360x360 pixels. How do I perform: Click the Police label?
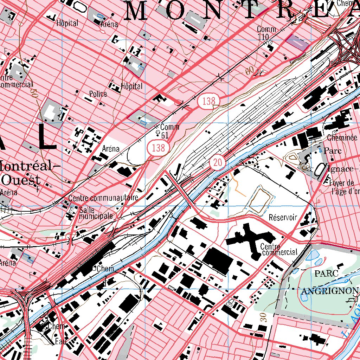(x=98, y=94)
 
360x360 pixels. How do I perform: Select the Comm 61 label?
(x=169, y=130)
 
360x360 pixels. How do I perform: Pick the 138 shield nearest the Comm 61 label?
(x=158, y=148)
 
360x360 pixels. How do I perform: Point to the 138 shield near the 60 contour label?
(x=208, y=101)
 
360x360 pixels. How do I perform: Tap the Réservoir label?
(x=283, y=217)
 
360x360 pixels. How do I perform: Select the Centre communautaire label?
(x=104, y=198)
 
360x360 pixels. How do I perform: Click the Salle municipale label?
(x=96, y=213)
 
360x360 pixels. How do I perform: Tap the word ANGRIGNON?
(x=330, y=291)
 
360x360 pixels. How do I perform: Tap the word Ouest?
(x=21, y=180)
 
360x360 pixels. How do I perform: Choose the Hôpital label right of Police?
(x=132, y=86)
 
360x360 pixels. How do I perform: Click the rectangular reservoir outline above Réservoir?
(x=260, y=200)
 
